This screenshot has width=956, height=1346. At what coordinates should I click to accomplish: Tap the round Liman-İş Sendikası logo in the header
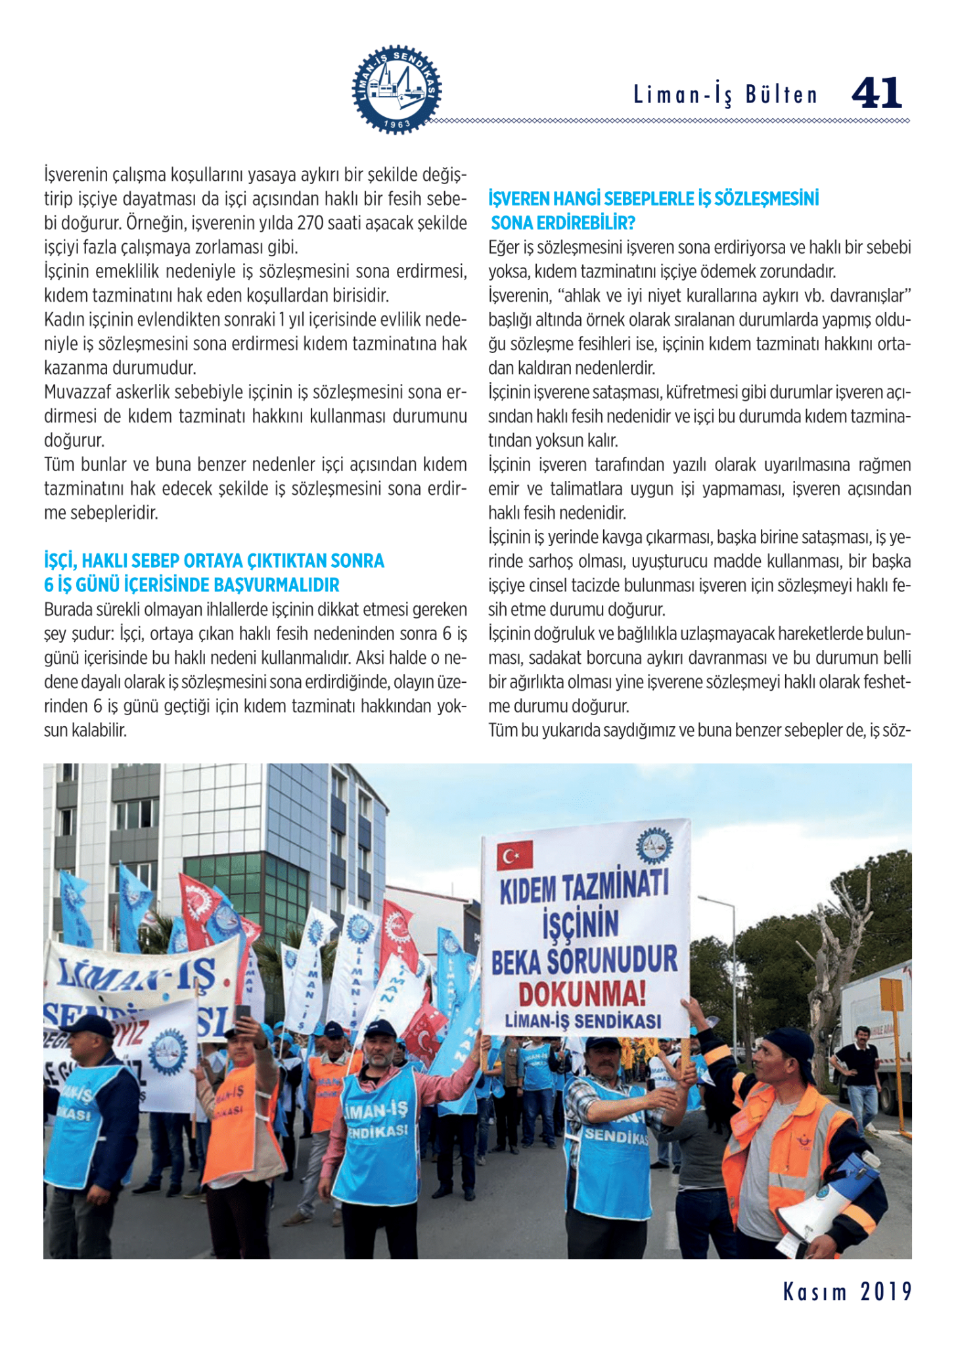397,90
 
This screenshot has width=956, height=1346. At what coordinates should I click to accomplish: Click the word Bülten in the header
781,95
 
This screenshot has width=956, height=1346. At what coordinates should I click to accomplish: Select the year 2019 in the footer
886,1292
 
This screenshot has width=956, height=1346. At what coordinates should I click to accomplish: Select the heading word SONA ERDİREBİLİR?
563,223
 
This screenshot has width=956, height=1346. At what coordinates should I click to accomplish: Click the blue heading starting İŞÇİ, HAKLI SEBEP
214,561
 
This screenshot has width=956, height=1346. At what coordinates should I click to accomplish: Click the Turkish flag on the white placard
514,855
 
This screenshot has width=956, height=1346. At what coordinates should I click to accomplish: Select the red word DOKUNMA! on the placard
582,993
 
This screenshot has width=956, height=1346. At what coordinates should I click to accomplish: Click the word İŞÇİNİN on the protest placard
581,924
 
